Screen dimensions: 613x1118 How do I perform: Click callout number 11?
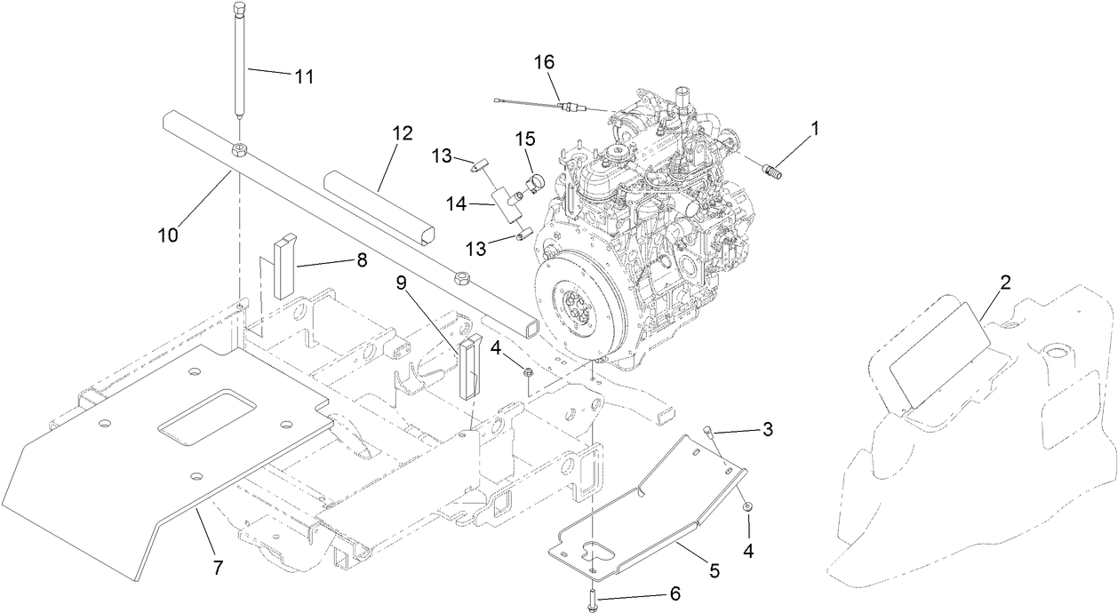pyautogui.click(x=304, y=76)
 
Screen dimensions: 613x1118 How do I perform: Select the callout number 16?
pyautogui.click(x=543, y=62)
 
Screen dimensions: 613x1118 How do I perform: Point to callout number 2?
pyautogui.click(x=1005, y=283)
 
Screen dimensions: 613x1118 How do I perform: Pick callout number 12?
pyautogui.click(x=402, y=134)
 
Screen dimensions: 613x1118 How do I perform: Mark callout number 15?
pyautogui.click(x=526, y=139)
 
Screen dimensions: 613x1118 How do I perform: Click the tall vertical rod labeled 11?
pyautogui.click(x=240, y=62)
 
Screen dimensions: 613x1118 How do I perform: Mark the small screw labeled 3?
pyautogui.click(x=708, y=433)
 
